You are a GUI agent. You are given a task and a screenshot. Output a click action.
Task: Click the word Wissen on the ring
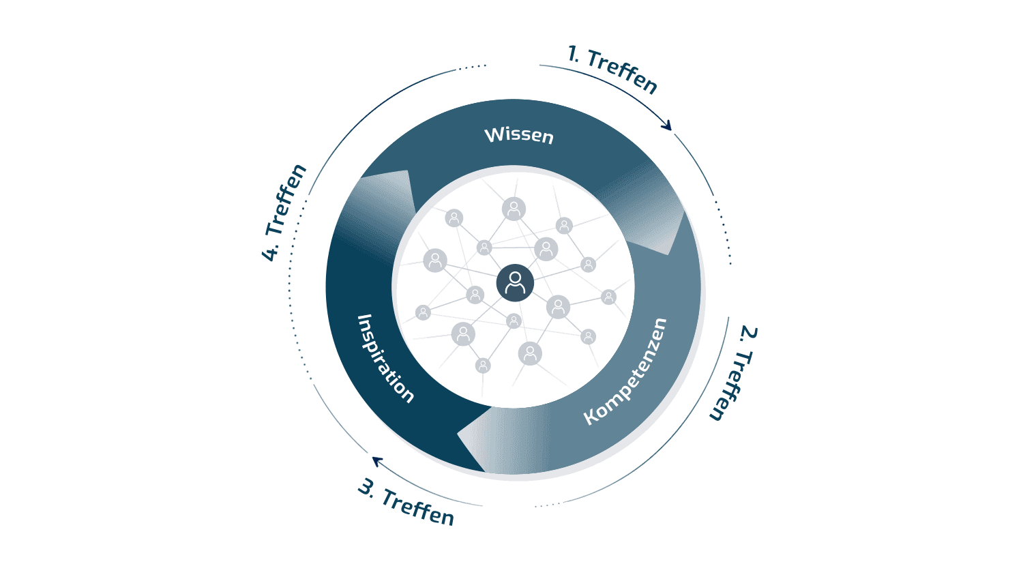click(x=519, y=136)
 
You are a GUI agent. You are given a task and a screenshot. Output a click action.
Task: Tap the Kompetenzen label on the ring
click(x=625, y=371)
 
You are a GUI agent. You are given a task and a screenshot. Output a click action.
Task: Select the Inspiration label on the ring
click(x=385, y=359)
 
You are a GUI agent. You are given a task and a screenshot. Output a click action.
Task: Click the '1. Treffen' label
click(x=612, y=70)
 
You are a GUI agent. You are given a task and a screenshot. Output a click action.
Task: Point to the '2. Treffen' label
click(x=734, y=373)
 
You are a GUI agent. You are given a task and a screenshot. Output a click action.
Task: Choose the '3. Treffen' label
click(x=406, y=502)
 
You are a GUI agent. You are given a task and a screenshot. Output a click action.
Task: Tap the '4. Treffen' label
click(x=284, y=212)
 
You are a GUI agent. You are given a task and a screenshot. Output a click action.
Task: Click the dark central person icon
click(x=515, y=283)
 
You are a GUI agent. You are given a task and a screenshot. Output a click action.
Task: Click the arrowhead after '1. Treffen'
click(x=667, y=125)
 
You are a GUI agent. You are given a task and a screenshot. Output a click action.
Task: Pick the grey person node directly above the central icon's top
click(x=514, y=209)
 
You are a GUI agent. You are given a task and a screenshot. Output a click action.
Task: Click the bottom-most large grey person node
click(x=530, y=353)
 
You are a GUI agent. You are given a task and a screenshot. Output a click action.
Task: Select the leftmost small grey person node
click(x=423, y=313)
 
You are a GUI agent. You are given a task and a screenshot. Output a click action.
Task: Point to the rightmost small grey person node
click(x=608, y=297)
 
